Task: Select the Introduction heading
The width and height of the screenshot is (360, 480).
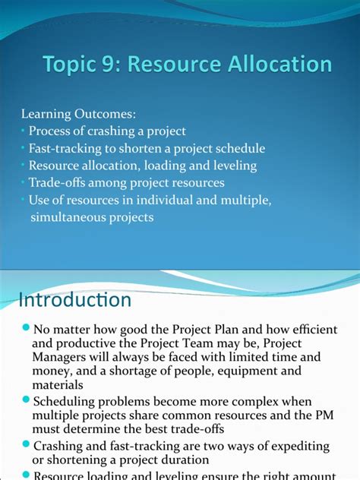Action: (74, 299)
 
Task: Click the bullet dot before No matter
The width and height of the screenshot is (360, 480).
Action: (26, 329)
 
